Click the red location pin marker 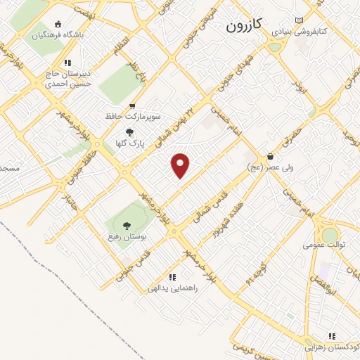pos(181,165)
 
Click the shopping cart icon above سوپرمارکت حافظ pos(131,105)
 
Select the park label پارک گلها pos(128,143)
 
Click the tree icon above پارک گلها pos(128,132)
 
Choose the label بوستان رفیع pos(127,236)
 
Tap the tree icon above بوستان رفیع pos(127,226)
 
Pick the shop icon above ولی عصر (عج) pos(270,156)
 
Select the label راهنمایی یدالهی pos(173,288)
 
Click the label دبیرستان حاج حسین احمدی pos(68,77)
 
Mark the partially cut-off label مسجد pos(8,169)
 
